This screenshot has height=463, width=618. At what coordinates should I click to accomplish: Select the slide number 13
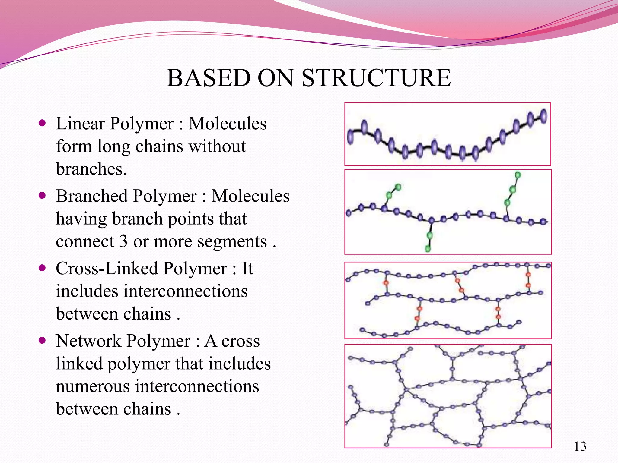(580, 446)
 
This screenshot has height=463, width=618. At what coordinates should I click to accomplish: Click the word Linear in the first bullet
(80, 123)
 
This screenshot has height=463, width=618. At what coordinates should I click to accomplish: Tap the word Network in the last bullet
(88, 341)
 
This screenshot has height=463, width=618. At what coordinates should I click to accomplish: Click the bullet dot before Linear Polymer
(42, 123)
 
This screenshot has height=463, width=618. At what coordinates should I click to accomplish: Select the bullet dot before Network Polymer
(42, 341)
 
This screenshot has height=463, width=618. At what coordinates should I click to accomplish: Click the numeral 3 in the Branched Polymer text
(123, 241)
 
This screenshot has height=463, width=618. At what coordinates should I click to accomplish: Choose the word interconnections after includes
(185, 291)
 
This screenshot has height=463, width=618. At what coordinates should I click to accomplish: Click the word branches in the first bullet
(91, 169)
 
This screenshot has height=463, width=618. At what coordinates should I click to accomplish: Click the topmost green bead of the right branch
(518, 175)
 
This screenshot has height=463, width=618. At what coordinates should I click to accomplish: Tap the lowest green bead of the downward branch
(428, 249)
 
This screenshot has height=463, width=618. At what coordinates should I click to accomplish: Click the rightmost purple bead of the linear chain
(543, 116)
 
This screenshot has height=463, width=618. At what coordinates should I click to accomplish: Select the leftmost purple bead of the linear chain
(350, 137)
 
